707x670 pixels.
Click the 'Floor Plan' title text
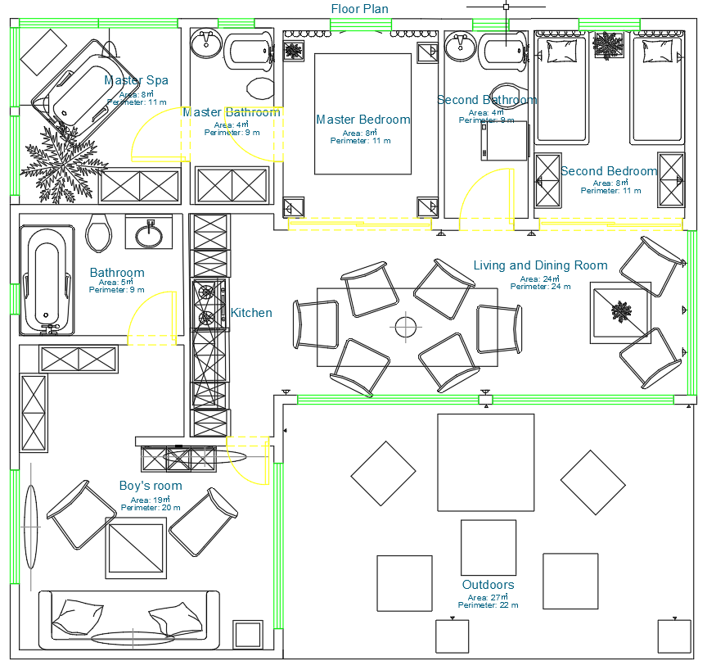(x=359, y=9)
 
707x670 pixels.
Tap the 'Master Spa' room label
(x=136, y=80)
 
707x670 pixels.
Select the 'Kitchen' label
(x=251, y=313)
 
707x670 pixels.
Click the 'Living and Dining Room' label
(x=540, y=265)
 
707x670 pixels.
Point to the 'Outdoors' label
(x=488, y=585)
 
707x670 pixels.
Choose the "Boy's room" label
(x=151, y=486)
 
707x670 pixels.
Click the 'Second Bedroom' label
(x=609, y=171)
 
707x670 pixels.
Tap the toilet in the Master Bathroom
(x=260, y=88)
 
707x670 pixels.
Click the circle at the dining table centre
(x=406, y=327)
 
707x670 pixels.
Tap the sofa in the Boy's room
(x=129, y=616)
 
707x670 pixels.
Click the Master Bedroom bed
(x=363, y=114)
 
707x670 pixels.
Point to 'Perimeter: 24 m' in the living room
(x=540, y=287)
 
